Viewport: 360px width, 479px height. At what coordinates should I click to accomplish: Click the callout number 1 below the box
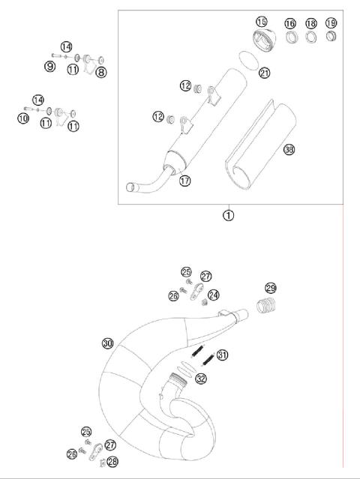pyautogui.click(x=228, y=215)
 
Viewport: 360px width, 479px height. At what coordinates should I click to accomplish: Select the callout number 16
pyautogui.click(x=289, y=24)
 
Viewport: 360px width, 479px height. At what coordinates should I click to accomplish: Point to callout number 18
pyautogui.click(x=310, y=24)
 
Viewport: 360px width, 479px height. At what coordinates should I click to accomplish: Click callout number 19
pyautogui.click(x=331, y=24)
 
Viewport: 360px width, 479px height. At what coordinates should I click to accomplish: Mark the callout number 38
pyautogui.click(x=289, y=150)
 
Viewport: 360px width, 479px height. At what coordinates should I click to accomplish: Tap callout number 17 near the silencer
pyautogui.click(x=184, y=180)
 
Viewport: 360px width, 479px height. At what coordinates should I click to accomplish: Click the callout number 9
pyautogui.click(x=49, y=67)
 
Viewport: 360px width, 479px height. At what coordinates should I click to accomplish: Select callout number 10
pyautogui.click(x=23, y=118)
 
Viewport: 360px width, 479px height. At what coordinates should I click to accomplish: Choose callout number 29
pyautogui.click(x=271, y=289)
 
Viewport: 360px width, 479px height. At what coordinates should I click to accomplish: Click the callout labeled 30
pyautogui.click(x=108, y=343)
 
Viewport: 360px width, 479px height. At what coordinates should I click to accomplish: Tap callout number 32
pyautogui.click(x=200, y=379)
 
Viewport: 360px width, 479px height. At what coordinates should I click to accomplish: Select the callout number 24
pyautogui.click(x=214, y=295)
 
